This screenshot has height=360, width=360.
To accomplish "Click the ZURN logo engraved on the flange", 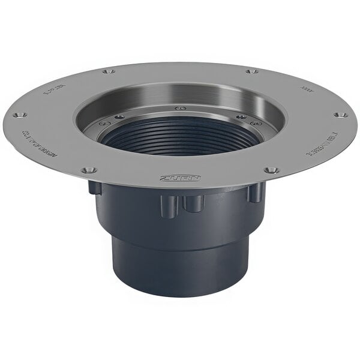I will tap(180, 178).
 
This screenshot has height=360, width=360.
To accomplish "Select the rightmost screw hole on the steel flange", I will tap(340, 115).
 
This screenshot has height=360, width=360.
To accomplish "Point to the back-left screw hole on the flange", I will tap(108, 71).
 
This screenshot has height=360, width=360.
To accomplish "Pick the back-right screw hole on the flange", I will tap(251, 71).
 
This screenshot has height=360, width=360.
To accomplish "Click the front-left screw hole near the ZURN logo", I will tap(89, 170).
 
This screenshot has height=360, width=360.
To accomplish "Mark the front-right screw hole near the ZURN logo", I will tap(271, 170).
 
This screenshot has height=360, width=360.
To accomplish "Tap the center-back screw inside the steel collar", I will tap(180, 109).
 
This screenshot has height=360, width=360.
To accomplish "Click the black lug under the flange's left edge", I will tap(95, 188).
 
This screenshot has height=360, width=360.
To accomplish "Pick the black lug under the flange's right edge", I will tap(256, 192).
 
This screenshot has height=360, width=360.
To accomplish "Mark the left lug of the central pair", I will tap(169, 206).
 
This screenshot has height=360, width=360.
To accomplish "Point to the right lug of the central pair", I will tap(193, 203).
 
